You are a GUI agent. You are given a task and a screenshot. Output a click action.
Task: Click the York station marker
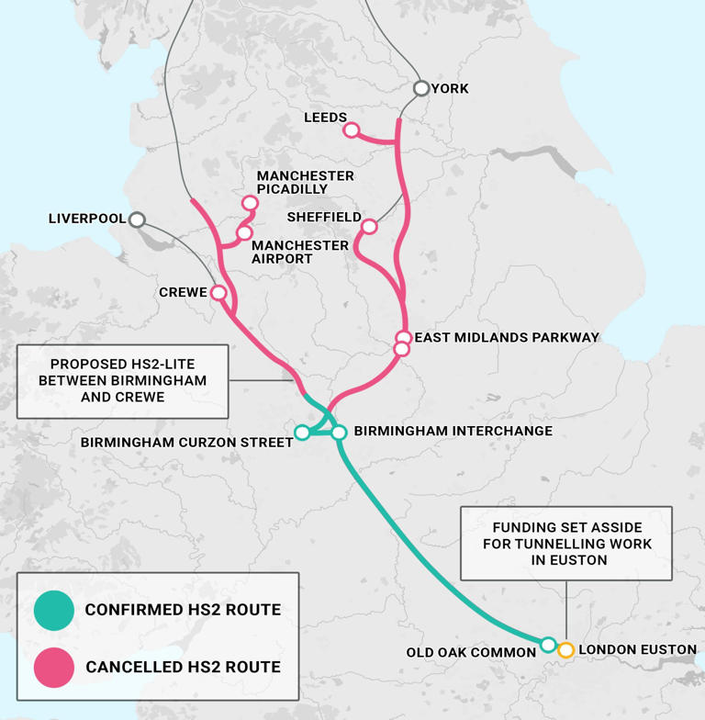421,88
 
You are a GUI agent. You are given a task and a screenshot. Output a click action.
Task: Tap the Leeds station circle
351,130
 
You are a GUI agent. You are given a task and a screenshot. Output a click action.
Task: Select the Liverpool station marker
137,219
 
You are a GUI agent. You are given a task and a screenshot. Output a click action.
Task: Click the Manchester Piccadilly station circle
250,203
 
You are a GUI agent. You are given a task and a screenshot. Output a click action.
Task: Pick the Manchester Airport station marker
244,233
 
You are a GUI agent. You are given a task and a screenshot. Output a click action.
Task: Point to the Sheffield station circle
369,226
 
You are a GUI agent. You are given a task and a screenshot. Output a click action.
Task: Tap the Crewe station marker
218,293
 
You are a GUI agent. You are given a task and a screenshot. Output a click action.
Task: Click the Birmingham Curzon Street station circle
302,433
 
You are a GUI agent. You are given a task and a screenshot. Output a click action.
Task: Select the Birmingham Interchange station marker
339,432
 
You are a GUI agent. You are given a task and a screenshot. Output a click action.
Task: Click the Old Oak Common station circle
548,645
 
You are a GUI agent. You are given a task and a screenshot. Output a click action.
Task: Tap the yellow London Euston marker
566,650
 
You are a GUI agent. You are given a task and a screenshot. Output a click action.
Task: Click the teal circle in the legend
53,610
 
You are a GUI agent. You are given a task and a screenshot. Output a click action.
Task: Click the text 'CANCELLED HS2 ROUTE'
183,667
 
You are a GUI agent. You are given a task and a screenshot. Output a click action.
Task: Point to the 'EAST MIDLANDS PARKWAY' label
507,338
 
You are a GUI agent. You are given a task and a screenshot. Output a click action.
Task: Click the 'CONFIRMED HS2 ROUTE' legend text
183,610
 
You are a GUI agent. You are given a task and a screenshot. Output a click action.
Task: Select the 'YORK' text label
450,89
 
